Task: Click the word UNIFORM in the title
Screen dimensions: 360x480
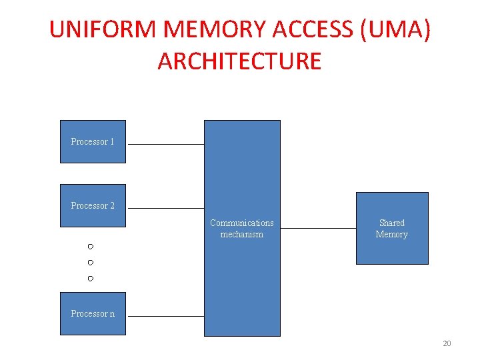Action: [x=103, y=30]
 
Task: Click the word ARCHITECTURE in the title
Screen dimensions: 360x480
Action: [x=239, y=61]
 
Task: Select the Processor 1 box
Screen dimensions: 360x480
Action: [x=93, y=141]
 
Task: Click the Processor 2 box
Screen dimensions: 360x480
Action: [x=93, y=205]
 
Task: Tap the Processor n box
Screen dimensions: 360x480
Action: [x=93, y=313]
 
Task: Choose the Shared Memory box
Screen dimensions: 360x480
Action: [x=392, y=229]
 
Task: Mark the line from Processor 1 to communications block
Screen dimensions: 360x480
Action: [x=165, y=144]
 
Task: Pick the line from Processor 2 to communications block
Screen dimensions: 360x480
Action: [x=165, y=208]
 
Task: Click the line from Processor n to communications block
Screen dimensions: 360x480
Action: [x=165, y=316]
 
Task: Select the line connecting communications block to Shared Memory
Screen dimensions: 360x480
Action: [x=318, y=228]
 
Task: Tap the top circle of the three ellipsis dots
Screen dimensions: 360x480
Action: [x=90, y=247]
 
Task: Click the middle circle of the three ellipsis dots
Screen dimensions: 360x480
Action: [x=90, y=263]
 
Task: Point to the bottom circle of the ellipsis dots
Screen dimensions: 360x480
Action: [x=90, y=278]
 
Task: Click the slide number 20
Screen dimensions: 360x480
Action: [x=447, y=343]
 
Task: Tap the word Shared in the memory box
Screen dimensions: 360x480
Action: [x=392, y=223]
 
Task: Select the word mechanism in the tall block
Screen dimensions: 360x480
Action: [x=242, y=235]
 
